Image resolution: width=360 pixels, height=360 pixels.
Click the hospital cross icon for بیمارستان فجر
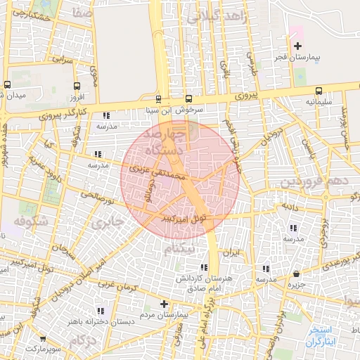tap(298, 46)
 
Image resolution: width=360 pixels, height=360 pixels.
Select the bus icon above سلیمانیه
tap(319, 91)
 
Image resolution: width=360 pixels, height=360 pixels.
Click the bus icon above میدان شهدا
tap(7, 84)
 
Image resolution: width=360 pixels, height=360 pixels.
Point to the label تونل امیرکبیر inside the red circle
tap(184, 218)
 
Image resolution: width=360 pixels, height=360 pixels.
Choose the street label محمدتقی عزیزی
tap(156, 171)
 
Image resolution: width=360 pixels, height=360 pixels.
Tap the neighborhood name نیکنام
tap(179, 250)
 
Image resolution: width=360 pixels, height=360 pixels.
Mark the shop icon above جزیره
tap(296, 274)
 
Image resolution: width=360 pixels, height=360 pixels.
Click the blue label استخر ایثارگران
tap(323, 335)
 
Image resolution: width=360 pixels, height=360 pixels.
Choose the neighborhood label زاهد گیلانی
tap(218, 18)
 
